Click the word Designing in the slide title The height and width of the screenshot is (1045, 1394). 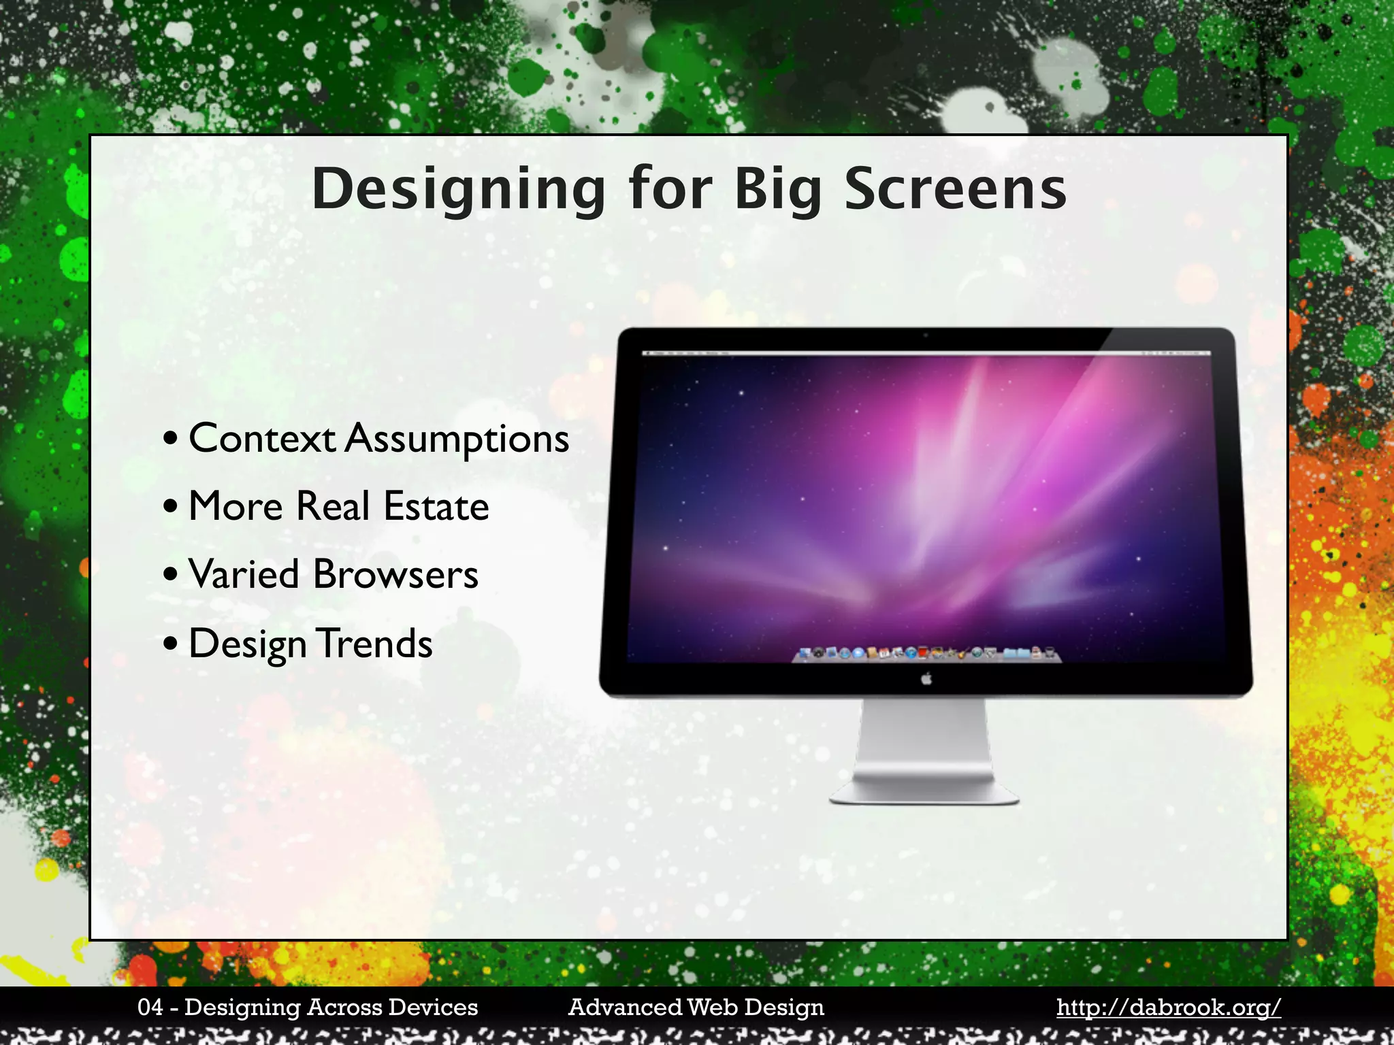coord(458,190)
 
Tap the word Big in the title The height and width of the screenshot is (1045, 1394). coord(778,190)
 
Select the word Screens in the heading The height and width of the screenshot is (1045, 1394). coord(955,190)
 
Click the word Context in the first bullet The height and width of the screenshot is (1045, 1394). coord(261,438)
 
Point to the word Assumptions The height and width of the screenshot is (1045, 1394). coord(457,439)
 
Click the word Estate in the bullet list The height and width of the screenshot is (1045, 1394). coord(436,507)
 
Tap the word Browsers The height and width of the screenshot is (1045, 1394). coord(395,575)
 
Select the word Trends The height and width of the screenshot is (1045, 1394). coord(375,644)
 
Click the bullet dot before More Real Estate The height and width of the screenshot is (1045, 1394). coord(171,508)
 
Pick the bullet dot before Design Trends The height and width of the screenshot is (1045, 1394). coord(171,644)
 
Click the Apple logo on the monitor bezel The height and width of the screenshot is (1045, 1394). coord(926,679)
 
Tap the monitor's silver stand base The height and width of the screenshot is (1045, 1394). coord(924,793)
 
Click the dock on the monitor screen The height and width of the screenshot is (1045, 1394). coord(926,654)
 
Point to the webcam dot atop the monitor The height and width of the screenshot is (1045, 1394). coord(926,335)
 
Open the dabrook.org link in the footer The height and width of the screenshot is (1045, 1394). coord(1168,1008)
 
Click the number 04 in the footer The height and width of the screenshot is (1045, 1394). coord(150,1008)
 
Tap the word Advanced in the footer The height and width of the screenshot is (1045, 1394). coord(624,1008)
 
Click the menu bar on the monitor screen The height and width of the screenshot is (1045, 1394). coord(926,353)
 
